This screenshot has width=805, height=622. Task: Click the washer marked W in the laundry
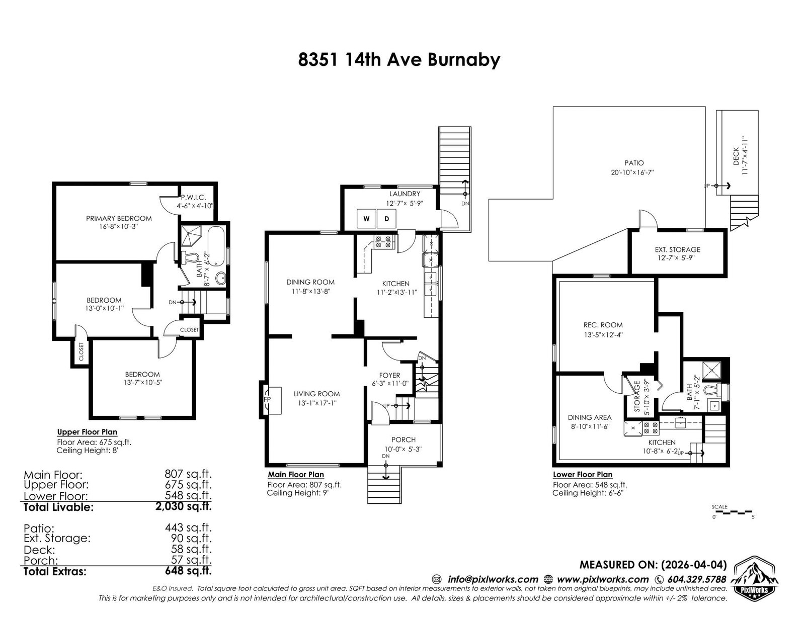tap(366, 218)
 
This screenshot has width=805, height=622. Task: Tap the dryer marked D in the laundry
tap(386, 218)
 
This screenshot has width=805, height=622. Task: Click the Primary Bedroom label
tap(119, 218)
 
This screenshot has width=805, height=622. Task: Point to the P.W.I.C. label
tap(193, 198)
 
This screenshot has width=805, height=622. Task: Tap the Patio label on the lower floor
tap(634, 163)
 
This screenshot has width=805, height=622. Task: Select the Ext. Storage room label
tap(678, 249)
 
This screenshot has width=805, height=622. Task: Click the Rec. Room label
tap(603, 325)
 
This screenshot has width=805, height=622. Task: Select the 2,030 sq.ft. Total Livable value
tap(183, 506)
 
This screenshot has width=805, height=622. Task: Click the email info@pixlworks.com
tap(493, 579)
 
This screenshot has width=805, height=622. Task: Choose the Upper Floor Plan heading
tap(87, 432)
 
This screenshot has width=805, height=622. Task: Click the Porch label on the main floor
tap(404, 439)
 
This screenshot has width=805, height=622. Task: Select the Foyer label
tap(390, 376)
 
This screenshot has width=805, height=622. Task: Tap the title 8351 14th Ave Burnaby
tap(399, 60)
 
